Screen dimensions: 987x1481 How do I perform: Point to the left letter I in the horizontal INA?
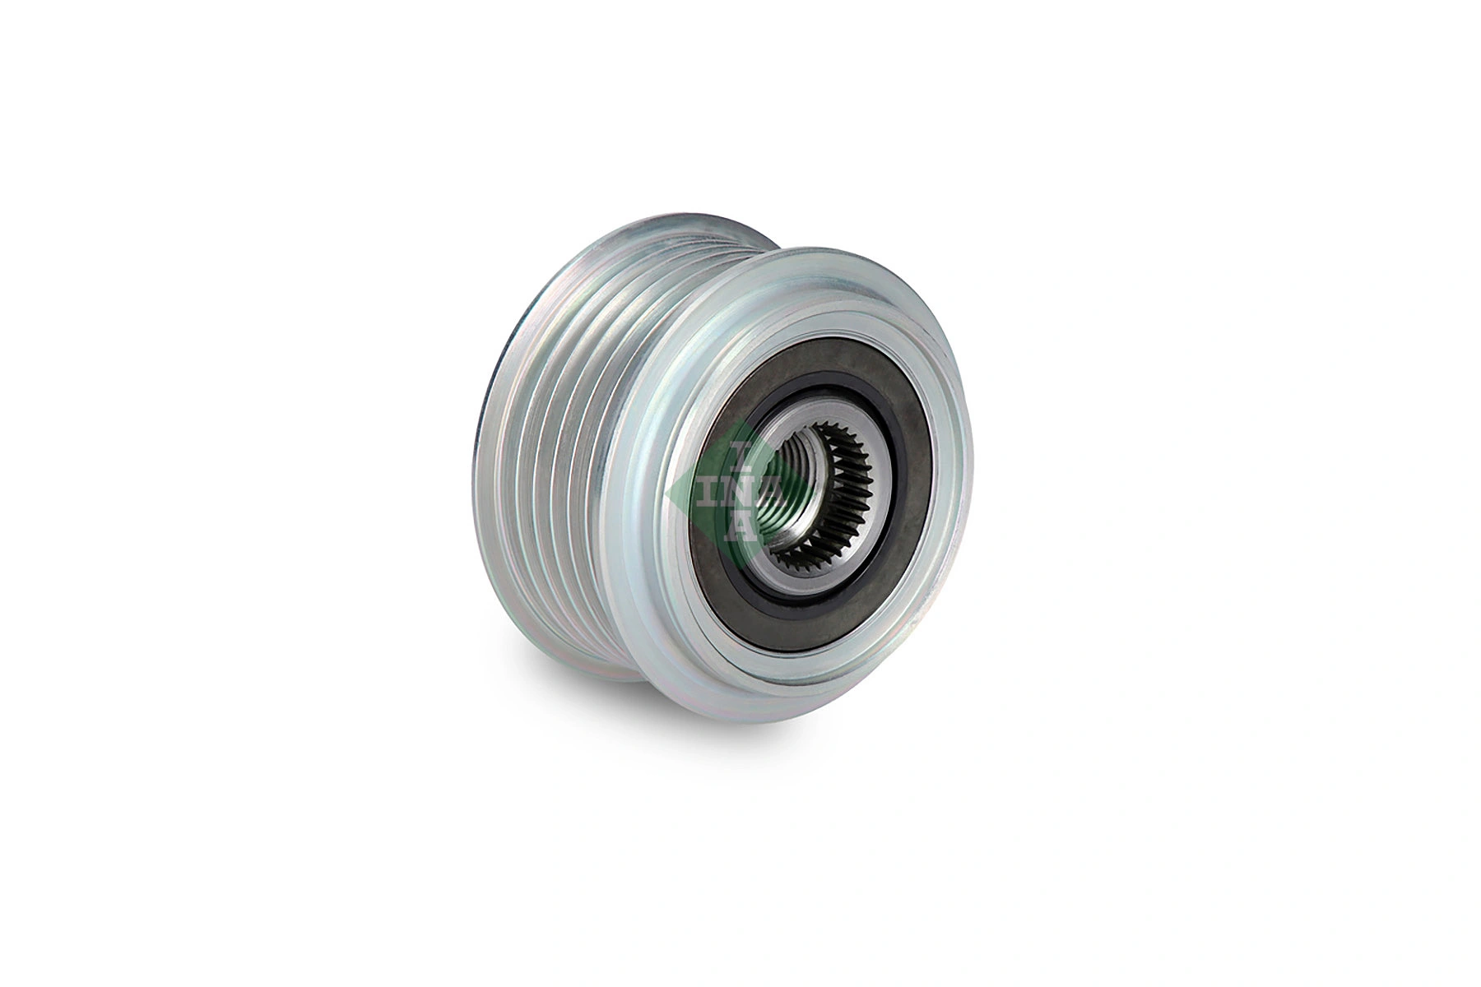coord(707,492)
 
